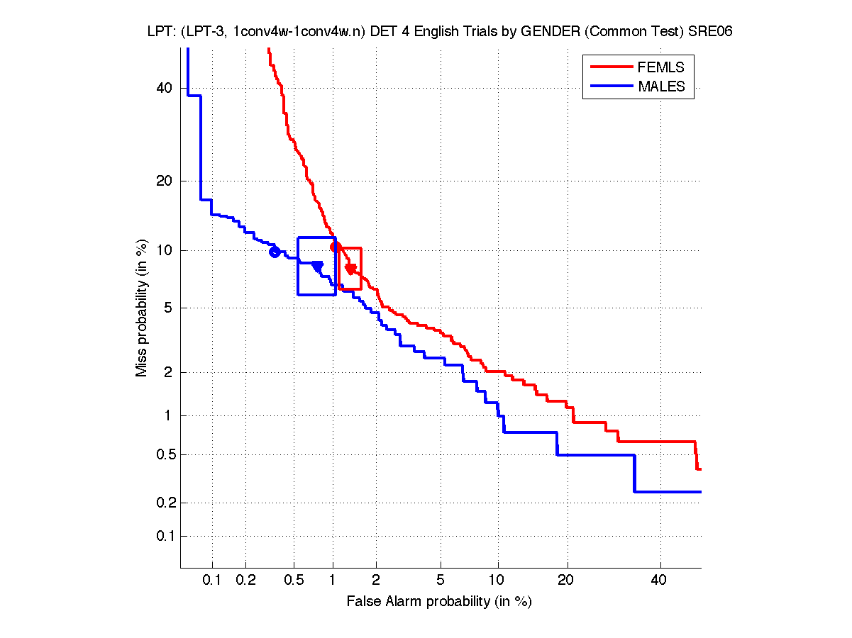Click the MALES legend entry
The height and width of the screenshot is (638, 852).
661,86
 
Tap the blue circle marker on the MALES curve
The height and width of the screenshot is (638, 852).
275,252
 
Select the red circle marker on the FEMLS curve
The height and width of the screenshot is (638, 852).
336,247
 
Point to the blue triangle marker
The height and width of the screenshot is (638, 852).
317,267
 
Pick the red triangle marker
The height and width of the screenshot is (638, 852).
350,269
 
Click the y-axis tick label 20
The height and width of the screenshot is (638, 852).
165,181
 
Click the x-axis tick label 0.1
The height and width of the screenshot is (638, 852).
212,581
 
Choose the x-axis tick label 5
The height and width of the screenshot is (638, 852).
441,581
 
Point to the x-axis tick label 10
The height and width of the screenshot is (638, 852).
498,581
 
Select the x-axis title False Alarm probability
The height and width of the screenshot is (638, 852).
439,602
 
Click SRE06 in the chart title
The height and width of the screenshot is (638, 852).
713,32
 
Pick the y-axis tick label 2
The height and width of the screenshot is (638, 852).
169,372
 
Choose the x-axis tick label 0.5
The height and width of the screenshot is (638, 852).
294,581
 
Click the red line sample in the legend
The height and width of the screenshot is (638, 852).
611,67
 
